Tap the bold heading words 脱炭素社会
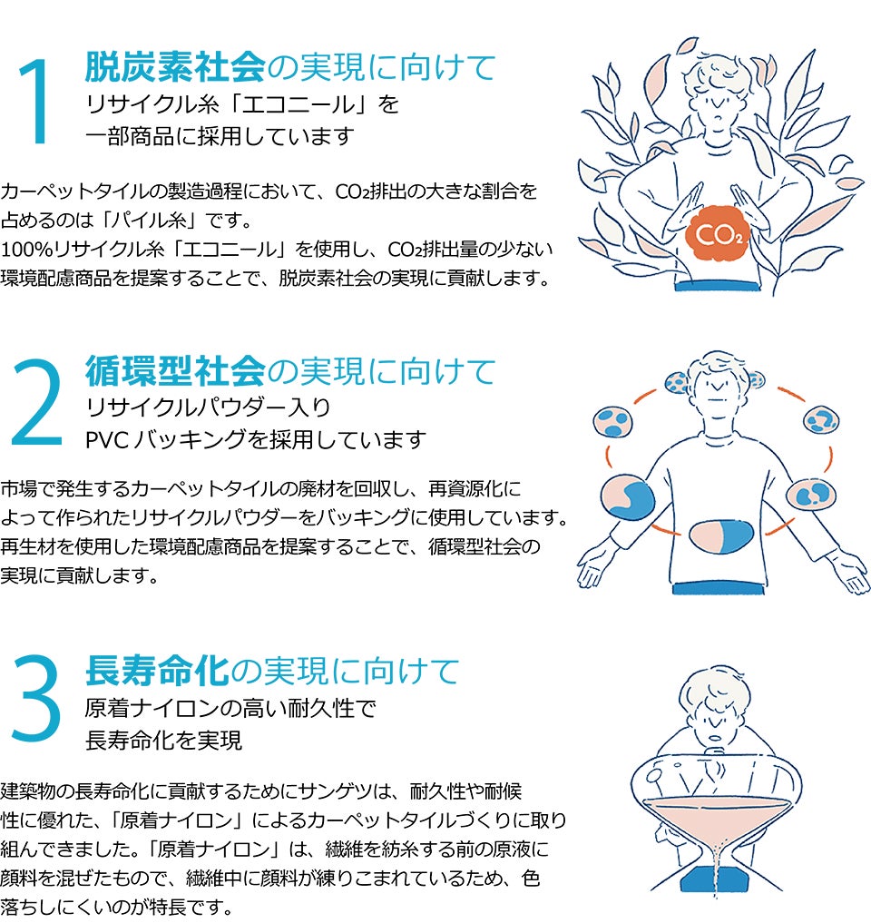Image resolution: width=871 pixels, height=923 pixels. click(174, 67)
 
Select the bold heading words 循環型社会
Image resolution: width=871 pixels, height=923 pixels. click(174, 370)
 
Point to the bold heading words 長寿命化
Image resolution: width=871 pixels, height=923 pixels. click(155, 672)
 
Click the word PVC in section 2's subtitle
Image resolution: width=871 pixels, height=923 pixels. click(106, 440)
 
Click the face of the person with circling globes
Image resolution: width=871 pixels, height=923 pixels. click(717, 386)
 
